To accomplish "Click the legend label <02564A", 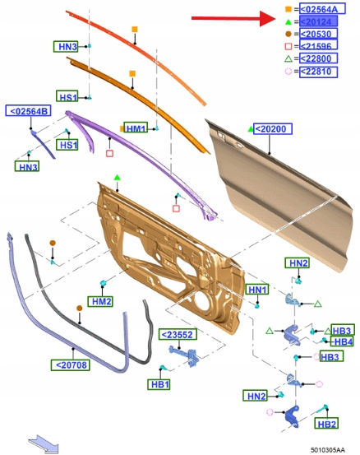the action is tap(322, 9).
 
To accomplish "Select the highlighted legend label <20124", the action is tap(318, 21).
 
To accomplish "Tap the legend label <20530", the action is tap(318, 34).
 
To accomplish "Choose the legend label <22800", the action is tap(318, 58).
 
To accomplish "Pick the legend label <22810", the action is tap(318, 72).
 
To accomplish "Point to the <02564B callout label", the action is tap(29, 111).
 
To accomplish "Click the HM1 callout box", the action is tap(136, 128).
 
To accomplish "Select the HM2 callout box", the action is tap(100, 301).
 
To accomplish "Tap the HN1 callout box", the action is tap(257, 290).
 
